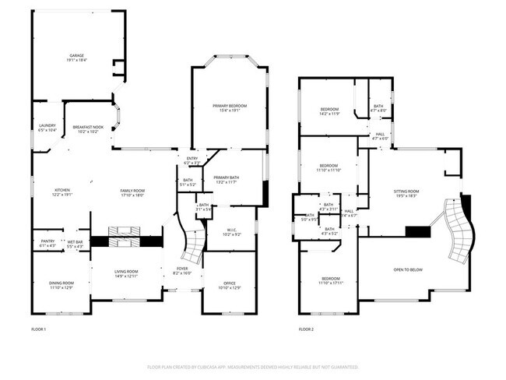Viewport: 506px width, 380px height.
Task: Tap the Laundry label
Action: click(x=47, y=128)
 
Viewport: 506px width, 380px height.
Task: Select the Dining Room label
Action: click(x=62, y=285)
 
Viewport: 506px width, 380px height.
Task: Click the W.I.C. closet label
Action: click(x=232, y=231)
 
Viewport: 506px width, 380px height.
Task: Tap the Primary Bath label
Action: click(x=226, y=180)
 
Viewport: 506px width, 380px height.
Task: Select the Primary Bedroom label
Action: click(x=230, y=107)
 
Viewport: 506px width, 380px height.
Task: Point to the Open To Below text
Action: click(x=408, y=269)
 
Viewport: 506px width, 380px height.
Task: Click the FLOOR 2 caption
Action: click(x=306, y=330)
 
